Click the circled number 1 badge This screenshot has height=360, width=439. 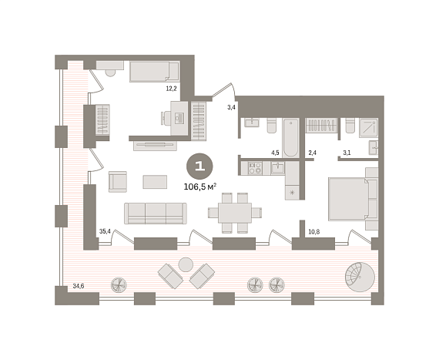(199, 167)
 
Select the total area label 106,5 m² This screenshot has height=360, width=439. (200, 187)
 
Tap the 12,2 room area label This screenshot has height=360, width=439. (171, 89)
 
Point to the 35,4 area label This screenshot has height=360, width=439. (105, 231)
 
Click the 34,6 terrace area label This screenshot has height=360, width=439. (79, 286)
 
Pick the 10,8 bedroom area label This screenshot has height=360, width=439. (314, 232)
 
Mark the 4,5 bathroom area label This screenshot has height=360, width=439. (275, 153)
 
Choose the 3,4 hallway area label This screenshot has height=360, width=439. (231, 107)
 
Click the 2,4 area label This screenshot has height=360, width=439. (312, 153)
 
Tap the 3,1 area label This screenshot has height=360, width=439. (347, 153)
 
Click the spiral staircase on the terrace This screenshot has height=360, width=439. (360, 277)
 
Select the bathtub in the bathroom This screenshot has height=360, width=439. (290, 138)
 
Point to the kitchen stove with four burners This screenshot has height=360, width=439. (255, 168)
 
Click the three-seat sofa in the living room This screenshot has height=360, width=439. (156, 214)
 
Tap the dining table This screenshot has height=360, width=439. (235, 213)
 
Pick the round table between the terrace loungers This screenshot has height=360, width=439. (186, 264)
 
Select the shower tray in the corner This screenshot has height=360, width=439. (368, 128)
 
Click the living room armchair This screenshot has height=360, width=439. (118, 181)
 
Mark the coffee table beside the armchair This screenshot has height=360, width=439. (155, 182)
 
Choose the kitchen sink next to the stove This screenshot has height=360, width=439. (277, 168)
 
